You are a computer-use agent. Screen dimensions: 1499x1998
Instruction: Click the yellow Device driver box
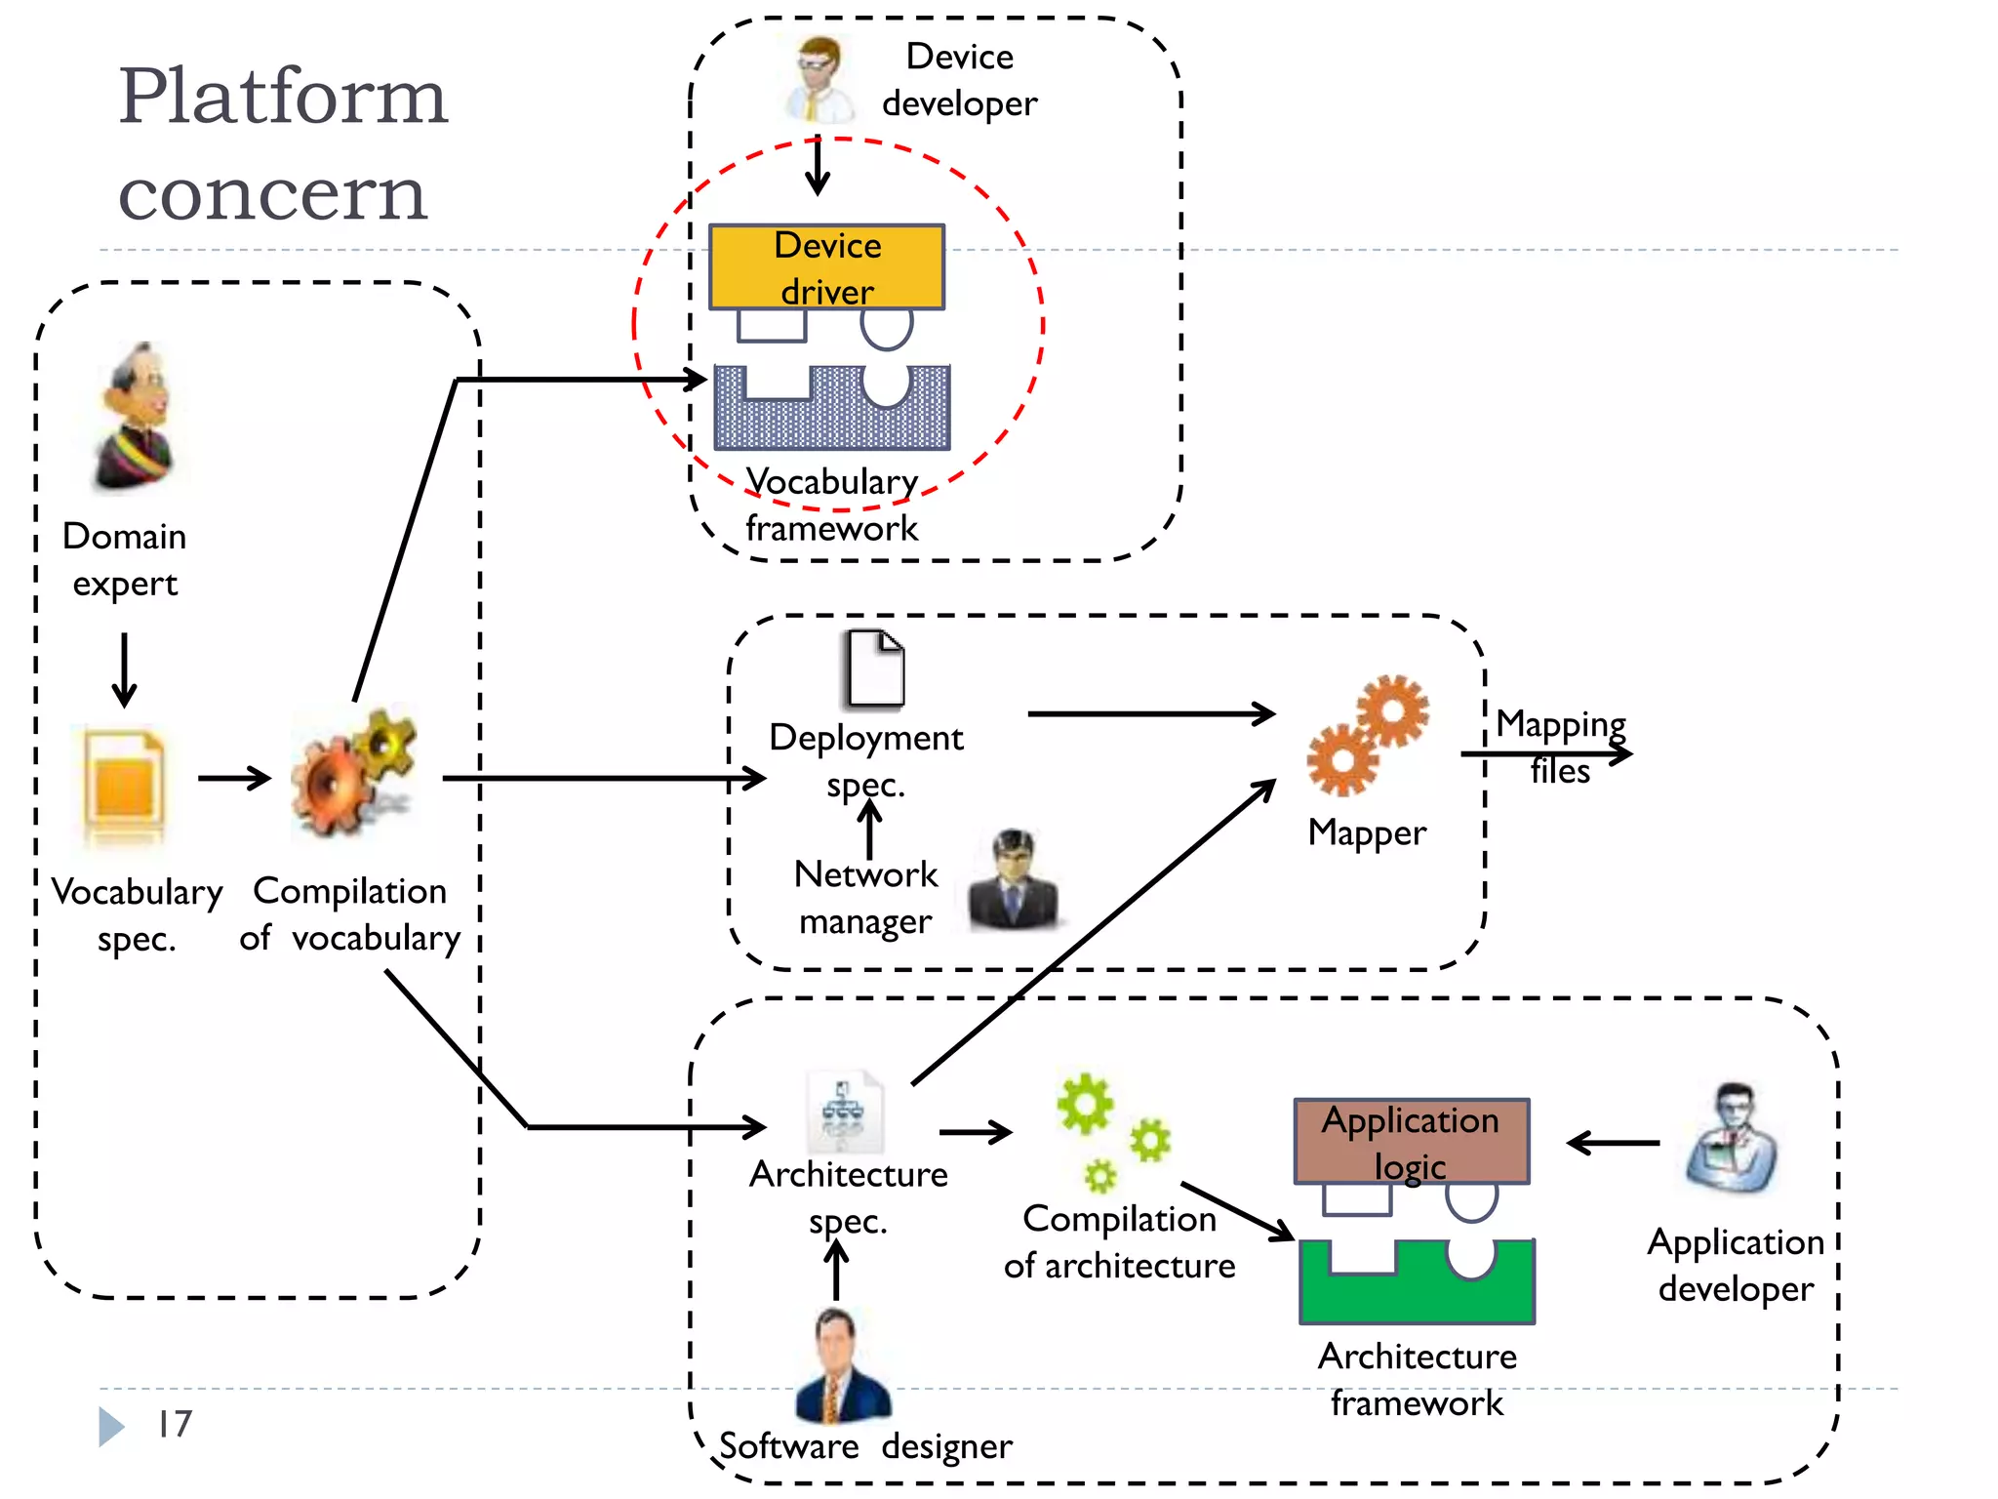826,266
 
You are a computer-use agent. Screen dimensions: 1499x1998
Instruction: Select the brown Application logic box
1411,1141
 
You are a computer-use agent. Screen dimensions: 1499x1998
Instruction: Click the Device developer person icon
818,78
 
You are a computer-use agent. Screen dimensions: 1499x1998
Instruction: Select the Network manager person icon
1013,878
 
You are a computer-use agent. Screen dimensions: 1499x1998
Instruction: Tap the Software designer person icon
841,1366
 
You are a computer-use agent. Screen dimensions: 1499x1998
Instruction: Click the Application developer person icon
1734,1139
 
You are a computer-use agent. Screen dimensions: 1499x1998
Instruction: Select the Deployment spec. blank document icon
874,668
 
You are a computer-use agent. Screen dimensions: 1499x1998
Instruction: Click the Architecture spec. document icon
844,1113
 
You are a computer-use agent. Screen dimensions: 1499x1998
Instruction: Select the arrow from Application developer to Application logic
1613,1143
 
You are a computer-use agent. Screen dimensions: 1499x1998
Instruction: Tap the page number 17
175,1424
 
